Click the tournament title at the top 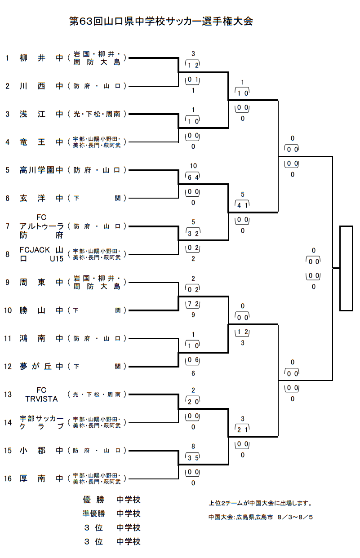[161, 21]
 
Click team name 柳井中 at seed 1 [41, 58]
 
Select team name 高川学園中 [41, 170]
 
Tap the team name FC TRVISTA [41, 394]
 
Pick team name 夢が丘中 [41, 366]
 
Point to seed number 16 [8, 478]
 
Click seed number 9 [8, 282]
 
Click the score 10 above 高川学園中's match [193, 166]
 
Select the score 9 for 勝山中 [193, 315]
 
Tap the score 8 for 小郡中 [193, 446]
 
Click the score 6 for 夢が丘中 [193, 373]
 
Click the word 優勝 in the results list [93, 500]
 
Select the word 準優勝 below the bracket [93, 514]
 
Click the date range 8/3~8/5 [295, 517]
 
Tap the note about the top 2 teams [260, 503]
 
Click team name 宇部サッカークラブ [41, 422]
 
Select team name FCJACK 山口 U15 [41, 254]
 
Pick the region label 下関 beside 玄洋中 [97, 198]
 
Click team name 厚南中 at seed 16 [41, 478]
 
